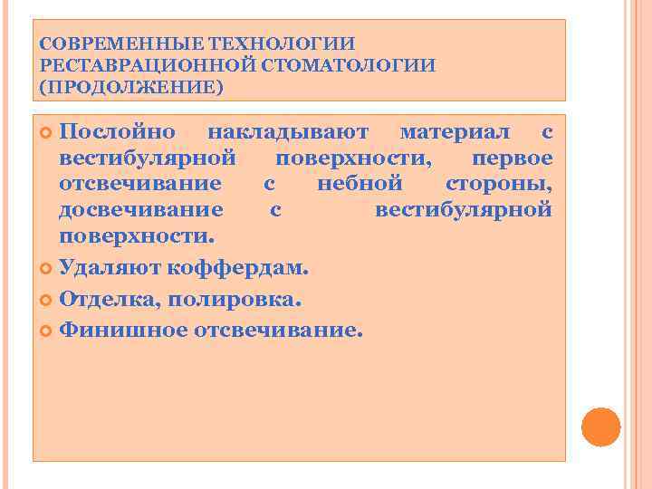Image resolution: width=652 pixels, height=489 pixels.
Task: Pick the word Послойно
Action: point(117,132)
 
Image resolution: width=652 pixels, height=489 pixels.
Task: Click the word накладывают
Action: point(287,132)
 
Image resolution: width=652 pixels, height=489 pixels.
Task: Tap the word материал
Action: point(455,132)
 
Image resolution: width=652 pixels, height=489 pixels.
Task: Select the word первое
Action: point(513,158)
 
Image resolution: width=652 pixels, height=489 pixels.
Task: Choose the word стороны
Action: point(499,185)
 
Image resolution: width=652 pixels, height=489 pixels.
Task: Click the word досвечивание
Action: point(140,211)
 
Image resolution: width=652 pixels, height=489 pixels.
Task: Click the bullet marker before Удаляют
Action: point(47,270)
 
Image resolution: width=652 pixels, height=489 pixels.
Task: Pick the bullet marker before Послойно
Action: point(47,133)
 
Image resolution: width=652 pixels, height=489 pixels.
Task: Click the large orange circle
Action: point(600,427)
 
